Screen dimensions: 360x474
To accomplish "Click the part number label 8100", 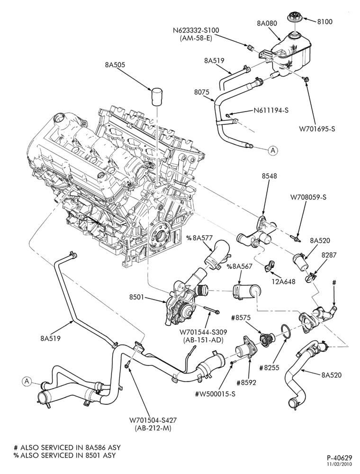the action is [x=324, y=21].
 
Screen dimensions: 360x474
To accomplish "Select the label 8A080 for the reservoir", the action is [x=267, y=23].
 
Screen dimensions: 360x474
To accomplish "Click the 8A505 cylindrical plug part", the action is [x=157, y=96].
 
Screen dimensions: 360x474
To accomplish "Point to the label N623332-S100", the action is [x=196, y=30].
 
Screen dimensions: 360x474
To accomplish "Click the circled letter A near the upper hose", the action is [x=273, y=150].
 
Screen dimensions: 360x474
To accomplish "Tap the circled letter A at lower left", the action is [x=27, y=382].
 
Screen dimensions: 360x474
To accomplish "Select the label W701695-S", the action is [x=317, y=129].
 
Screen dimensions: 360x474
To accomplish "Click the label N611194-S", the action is [x=271, y=110].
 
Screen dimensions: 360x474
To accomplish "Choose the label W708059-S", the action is [x=308, y=197].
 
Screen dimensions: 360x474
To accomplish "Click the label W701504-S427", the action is [x=153, y=420].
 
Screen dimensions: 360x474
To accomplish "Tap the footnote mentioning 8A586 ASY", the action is [x=64, y=447].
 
